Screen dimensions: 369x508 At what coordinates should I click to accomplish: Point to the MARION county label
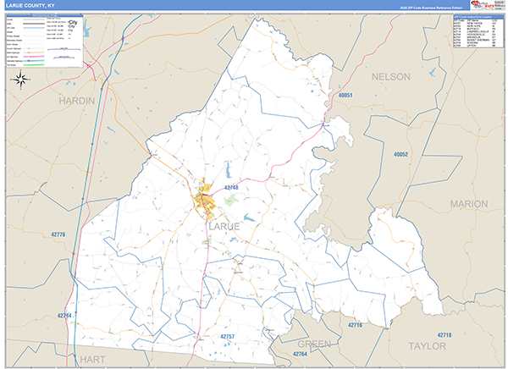point(468,204)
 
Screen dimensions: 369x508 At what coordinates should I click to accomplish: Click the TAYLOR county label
point(426,346)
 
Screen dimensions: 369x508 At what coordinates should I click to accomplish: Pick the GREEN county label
point(314,344)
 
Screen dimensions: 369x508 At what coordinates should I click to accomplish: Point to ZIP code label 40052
point(400,155)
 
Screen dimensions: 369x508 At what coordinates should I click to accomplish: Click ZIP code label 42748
point(232,187)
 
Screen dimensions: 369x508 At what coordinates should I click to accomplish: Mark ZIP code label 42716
point(354,325)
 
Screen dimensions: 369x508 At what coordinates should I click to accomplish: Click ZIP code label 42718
point(444,335)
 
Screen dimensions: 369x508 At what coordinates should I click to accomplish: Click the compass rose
point(22,80)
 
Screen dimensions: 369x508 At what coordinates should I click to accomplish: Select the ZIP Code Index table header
point(473,16)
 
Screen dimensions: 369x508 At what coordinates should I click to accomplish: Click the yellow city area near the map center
point(204,201)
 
